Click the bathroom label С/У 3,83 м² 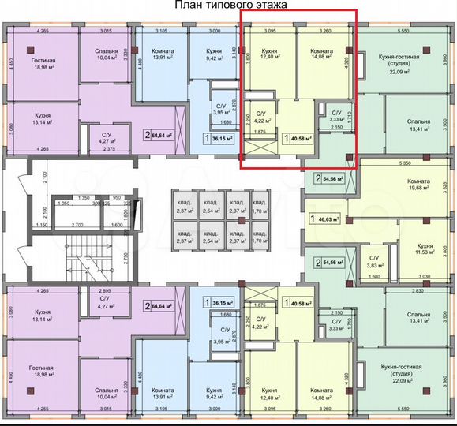pos(375,262)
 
